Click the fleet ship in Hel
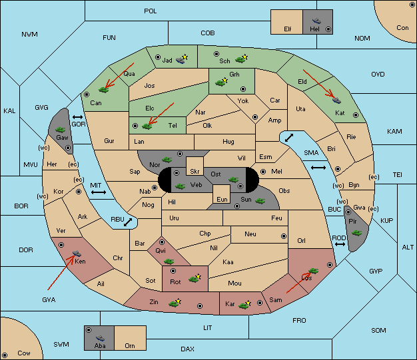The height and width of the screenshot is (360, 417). click(x=316, y=21)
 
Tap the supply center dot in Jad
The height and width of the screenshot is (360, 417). click(x=158, y=57)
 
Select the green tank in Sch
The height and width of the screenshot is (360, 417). click(x=240, y=60)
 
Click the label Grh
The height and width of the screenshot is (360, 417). click(x=234, y=75)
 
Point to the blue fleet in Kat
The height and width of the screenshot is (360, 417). click(x=336, y=100)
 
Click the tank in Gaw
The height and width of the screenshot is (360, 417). click(x=61, y=129)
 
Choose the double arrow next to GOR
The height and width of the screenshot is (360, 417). click(x=78, y=117)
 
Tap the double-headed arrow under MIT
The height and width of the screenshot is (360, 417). click(x=99, y=192)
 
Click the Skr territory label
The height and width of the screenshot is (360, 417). click(x=195, y=172)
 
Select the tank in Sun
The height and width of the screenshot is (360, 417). click(x=260, y=201)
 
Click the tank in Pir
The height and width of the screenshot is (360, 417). click(x=356, y=233)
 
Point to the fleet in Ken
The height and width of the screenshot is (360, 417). click(x=77, y=253)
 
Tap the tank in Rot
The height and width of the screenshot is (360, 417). click(x=194, y=279)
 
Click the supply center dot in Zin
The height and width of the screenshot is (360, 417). click(x=200, y=306)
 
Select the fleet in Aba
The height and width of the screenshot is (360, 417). click(x=101, y=338)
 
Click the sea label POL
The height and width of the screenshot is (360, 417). click(x=151, y=11)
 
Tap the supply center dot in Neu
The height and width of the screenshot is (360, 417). click(x=284, y=236)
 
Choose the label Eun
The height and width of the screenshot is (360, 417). click(x=222, y=199)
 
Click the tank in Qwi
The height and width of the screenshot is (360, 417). click(x=169, y=262)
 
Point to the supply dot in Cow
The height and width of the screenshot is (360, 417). click(x=5, y=355)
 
